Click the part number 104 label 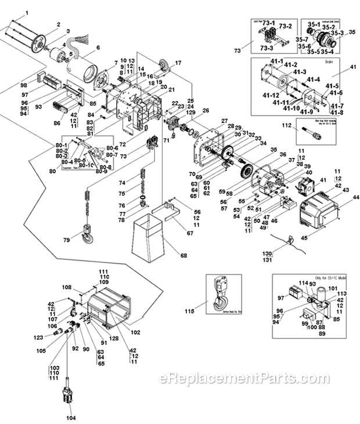(x=71, y=418)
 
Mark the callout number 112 (x=286, y=126)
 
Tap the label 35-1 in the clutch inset (x=314, y=24)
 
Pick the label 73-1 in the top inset (x=268, y=23)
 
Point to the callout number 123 (x=38, y=337)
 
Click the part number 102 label (x=135, y=333)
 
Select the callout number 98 (x=24, y=85)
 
